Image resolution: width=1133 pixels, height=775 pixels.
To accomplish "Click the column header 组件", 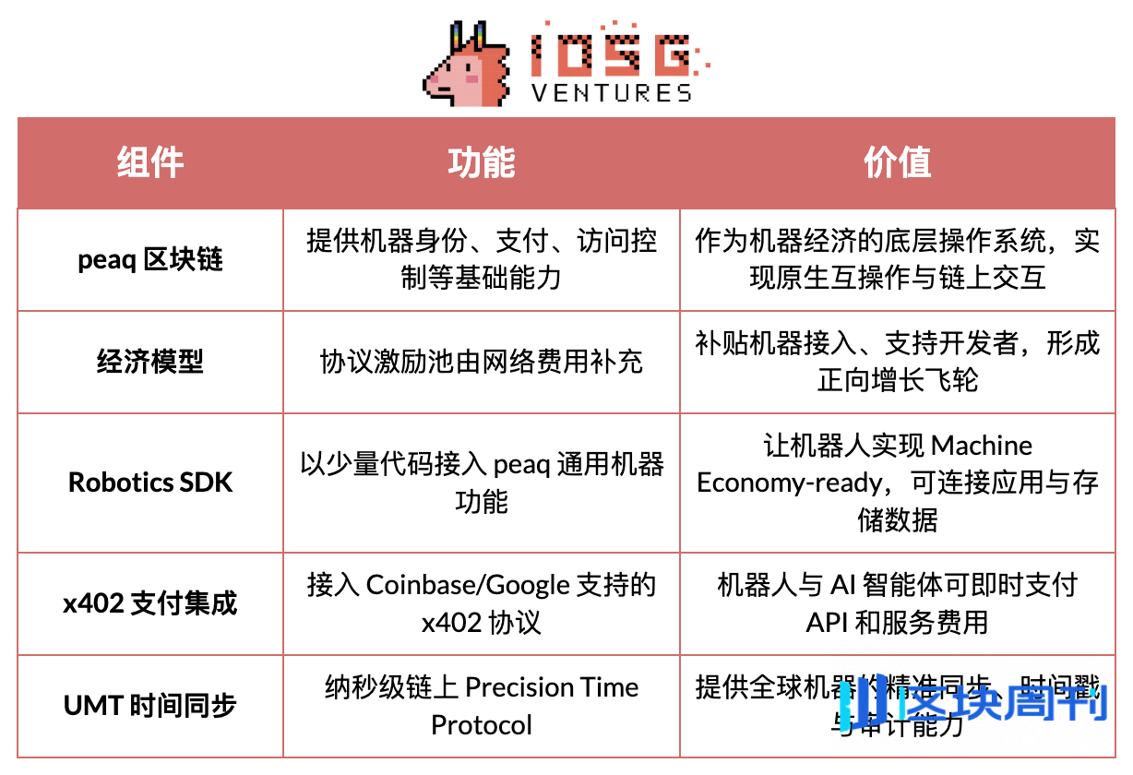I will pos(150,163).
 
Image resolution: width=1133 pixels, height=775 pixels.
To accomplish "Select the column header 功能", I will pos(481,163).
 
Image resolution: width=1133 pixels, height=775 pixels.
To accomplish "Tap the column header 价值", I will pos(897,163).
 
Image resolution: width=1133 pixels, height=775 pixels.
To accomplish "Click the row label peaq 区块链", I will pos(150,260).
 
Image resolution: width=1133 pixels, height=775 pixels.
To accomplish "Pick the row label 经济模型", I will pos(150,362).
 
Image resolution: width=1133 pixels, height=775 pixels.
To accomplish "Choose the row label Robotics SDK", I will pos(150,483).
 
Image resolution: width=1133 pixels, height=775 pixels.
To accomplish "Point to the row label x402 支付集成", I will pos(150,603).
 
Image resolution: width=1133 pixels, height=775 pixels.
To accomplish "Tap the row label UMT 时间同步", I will pos(150,706).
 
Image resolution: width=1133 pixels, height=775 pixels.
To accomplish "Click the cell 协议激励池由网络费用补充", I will pos(481,362).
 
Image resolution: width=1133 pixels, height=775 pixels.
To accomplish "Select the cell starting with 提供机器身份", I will pos(481,259).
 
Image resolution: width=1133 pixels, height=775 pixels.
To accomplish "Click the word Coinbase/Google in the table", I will pos(468,585).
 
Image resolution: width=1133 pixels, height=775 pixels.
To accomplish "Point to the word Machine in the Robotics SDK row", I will pos(982,446).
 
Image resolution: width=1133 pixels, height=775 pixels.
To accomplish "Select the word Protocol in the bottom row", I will pos(481,725).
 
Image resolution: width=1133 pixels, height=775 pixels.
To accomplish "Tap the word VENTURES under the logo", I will pos(612,92).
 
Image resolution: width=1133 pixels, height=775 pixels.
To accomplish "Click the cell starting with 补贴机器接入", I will pos(897,362).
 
